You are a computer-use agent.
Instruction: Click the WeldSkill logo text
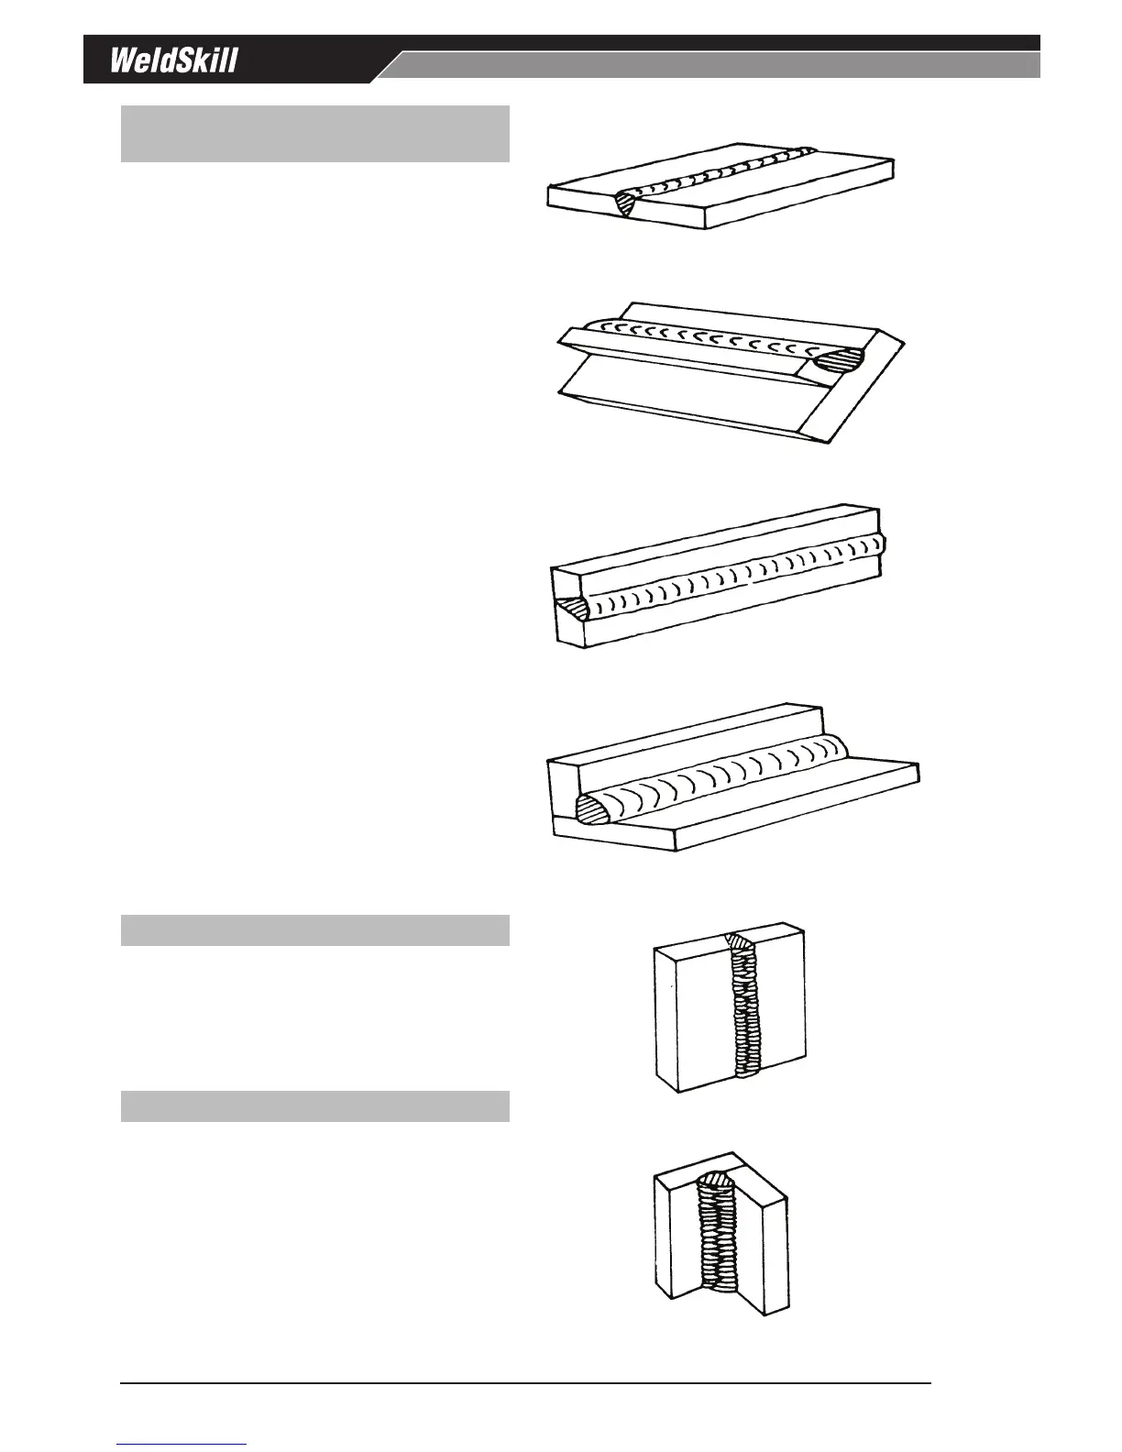click(x=174, y=60)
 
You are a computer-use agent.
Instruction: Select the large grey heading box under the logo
click(x=314, y=134)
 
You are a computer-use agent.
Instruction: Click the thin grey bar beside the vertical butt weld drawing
click(x=314, y=929)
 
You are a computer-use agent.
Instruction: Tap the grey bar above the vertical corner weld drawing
click(x=314, y=1105)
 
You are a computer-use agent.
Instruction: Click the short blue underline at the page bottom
click(x=181, y=1444)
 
